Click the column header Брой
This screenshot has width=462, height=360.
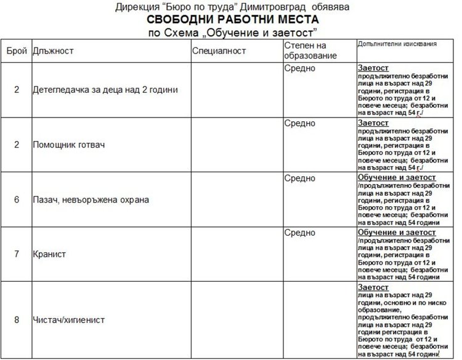coord(17,50)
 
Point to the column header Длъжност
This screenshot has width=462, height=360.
coord(53,50)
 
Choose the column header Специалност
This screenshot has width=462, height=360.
coord(219,50)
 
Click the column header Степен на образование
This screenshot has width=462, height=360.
coord(310,50)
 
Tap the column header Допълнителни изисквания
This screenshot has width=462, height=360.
coord(397,45)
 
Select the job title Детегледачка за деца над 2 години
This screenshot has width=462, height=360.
coord(105,90)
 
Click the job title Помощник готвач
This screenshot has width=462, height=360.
coord(69,145)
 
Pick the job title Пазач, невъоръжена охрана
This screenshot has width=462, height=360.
coord(91,200)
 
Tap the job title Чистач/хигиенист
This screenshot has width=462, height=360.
coord(68,320)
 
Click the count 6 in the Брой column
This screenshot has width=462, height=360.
coord(17,200)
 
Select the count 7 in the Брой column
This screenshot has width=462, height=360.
coord(17,254)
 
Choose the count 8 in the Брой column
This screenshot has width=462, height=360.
coord(17,320)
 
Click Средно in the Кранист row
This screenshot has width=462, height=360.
coord(300,233)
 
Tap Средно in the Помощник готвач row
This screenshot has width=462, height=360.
coord(300,123)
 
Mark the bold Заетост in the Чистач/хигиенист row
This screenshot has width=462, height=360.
coord(373,287)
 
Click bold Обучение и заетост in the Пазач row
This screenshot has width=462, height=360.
coord(396,178)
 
